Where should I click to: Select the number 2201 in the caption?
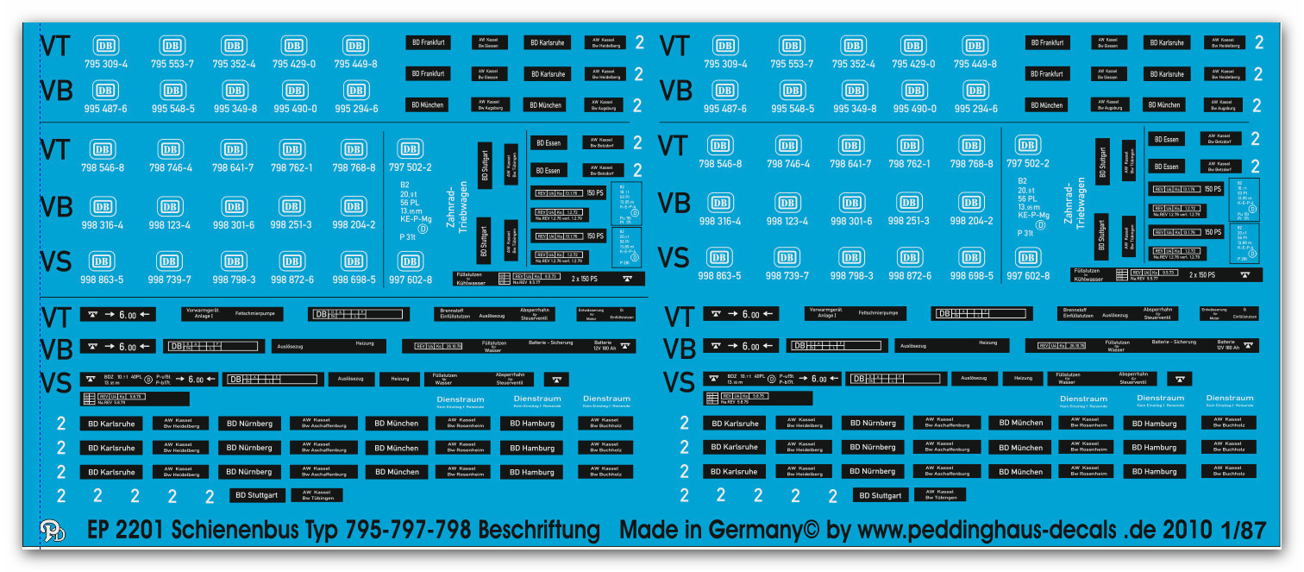[144, 530]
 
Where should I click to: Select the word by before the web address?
[838, 531]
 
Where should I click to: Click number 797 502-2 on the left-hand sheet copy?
[410, 167]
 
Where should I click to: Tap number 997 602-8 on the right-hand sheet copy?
[1027, 276]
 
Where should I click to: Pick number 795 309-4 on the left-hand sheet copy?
[106, 64]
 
